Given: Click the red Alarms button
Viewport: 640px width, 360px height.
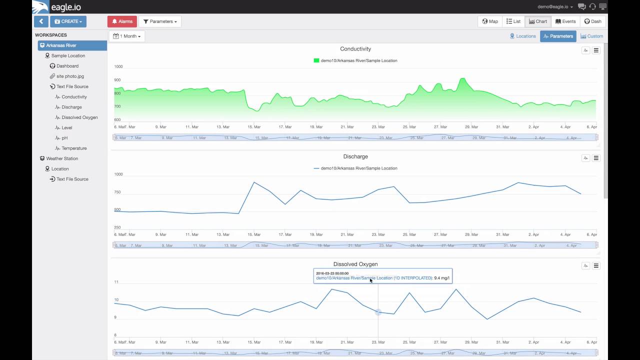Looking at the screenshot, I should click(122, 21).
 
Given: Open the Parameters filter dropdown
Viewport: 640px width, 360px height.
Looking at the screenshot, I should click(160, 21).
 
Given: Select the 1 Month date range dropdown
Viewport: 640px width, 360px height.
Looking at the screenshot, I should click(127, 36).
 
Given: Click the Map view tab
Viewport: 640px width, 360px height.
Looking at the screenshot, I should click(490, 21).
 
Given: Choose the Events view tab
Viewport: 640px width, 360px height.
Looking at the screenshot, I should click(565, 21).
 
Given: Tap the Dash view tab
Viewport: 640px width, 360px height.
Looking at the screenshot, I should click(593, 21).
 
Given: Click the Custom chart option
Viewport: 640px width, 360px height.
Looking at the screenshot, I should click(591, 36).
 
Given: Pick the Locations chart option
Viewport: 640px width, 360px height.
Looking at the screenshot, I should click(522, 36).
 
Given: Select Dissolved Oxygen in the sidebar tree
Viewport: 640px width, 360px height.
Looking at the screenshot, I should click(79, 117).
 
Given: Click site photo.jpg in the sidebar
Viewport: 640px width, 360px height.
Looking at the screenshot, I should click(70, 76).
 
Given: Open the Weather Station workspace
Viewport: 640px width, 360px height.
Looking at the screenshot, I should click(62, 158).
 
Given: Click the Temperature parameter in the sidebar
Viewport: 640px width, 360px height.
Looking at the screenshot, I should click(74, 148).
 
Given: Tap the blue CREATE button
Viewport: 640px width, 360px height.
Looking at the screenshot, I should click(68, 21).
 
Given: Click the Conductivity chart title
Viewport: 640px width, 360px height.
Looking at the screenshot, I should click(355, 49).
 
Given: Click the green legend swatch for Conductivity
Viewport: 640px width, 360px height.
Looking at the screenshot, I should click(316, 60).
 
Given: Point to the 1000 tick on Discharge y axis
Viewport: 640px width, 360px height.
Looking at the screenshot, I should click(118, 174).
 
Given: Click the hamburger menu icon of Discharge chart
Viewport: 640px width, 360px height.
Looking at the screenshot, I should click(596, 158).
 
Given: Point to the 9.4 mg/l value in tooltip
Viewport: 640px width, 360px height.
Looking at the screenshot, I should click(441, 278).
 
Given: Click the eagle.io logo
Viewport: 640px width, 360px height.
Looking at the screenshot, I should click(56, 7).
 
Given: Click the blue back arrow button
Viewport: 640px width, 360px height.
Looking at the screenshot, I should click(41, 21).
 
